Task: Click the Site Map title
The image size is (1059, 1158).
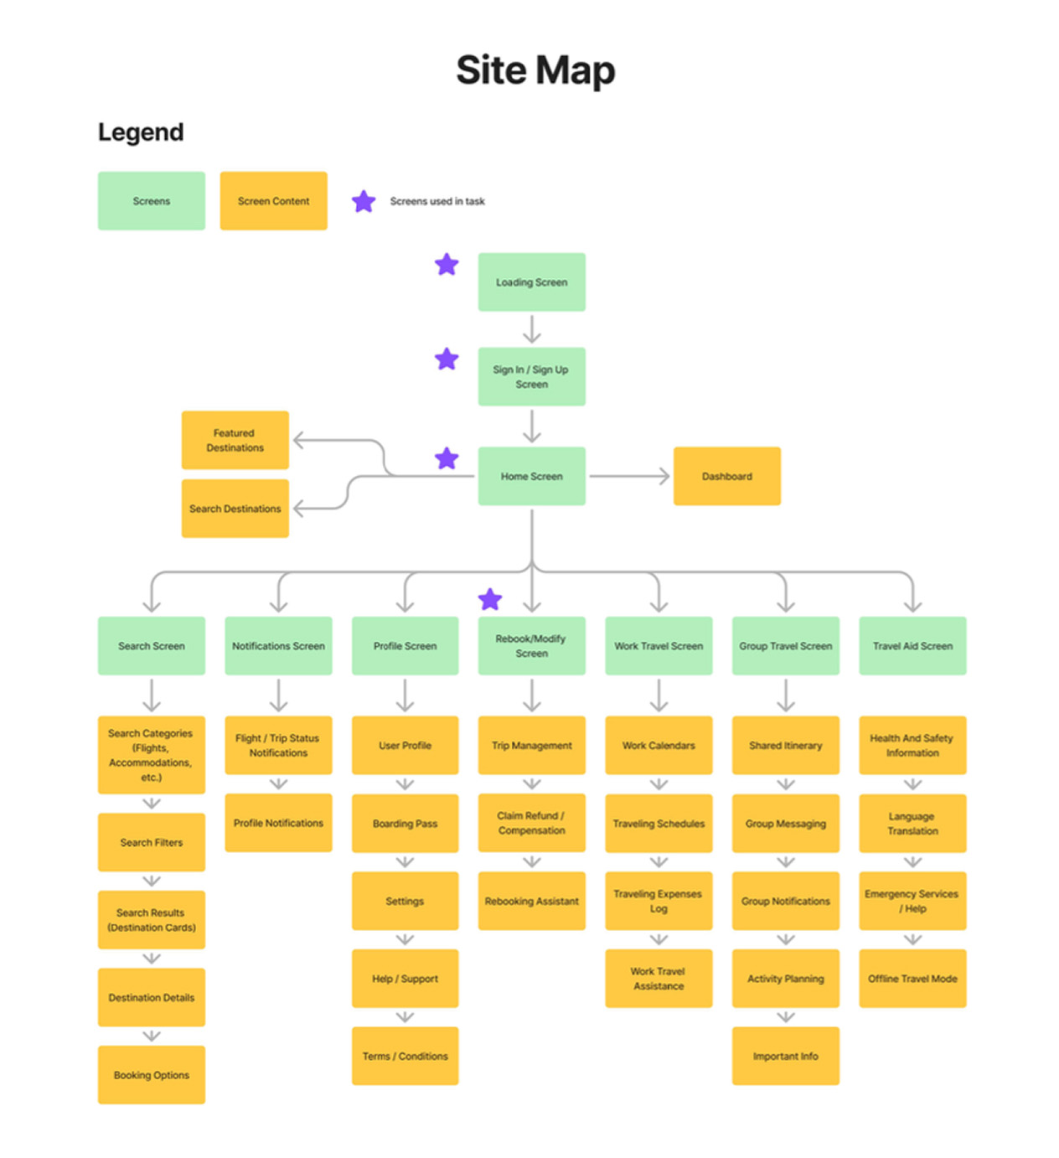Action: [x=535, y=70]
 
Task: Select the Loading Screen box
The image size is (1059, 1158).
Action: [x=531, y=282]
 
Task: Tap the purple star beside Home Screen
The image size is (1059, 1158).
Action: [x=447, y=458]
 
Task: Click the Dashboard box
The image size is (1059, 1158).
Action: [x=726, y=476]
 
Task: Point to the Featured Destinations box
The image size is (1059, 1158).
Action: [x=235, y=440]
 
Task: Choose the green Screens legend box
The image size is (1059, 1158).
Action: [x=151, y=201]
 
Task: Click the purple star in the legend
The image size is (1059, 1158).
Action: [x=364, y=201]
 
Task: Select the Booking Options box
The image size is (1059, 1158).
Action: [x=151, y=1074]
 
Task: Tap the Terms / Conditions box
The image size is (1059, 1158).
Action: [x=405, y=1056]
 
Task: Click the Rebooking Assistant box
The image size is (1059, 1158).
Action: [x=531, y=901]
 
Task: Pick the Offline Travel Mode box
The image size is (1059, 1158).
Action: [x=912, y=978]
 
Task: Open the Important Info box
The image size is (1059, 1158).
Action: [x=785, y=1056]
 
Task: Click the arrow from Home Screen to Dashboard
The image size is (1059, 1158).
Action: [x=629, y=476]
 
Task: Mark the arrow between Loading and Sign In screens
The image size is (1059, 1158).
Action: [x=531, y=329]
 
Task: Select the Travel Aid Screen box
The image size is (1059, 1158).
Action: [x=912, y=646]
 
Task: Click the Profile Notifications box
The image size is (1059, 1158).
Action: [x=278, y=823]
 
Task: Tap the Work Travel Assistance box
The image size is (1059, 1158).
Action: [x=659, y=978]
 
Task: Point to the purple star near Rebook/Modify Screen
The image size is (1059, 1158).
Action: [x=490, y=599]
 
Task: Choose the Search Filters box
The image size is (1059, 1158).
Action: [x=151, y=842]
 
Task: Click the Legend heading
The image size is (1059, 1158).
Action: [x=141, y=132]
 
